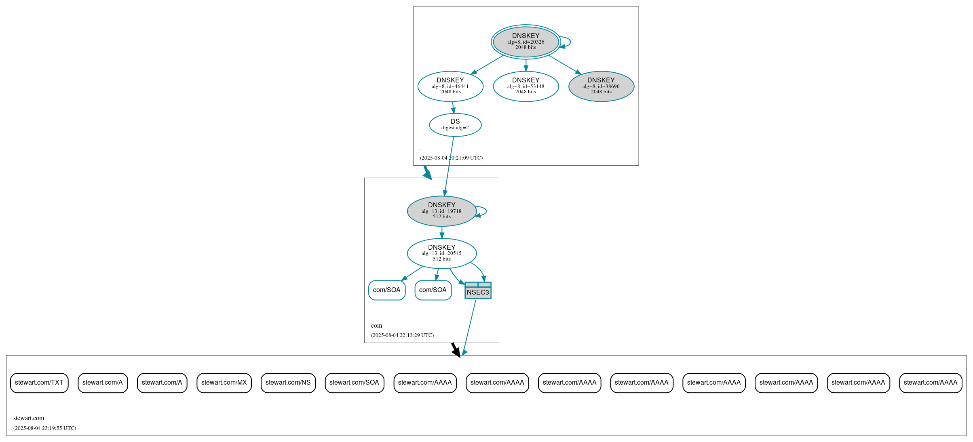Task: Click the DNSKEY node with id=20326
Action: tap(526, 42)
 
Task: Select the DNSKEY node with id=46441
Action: tap(450, 86)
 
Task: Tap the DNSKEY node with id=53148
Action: tap(526, 86)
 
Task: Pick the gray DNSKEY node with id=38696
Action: tap(601, 86)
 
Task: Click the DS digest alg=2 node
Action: tap(455, 124)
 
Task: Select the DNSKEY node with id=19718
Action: tap(441, 211)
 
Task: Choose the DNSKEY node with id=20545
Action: tap(441, 253)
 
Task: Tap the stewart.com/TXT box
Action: tap(39, 383)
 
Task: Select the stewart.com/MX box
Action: tap(224, 383)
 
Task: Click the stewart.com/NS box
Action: tap(288, 383)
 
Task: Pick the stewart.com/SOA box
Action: tap(354, 383)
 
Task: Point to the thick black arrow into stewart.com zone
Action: tap(456, 349)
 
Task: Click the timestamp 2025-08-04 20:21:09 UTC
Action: tap(451, 158)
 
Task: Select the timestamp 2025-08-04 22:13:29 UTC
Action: tap(402, 335)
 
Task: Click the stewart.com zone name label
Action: tap(29, 418)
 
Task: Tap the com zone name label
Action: tap(376, 326)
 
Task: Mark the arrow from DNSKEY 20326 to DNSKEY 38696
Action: tap(564, 64)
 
